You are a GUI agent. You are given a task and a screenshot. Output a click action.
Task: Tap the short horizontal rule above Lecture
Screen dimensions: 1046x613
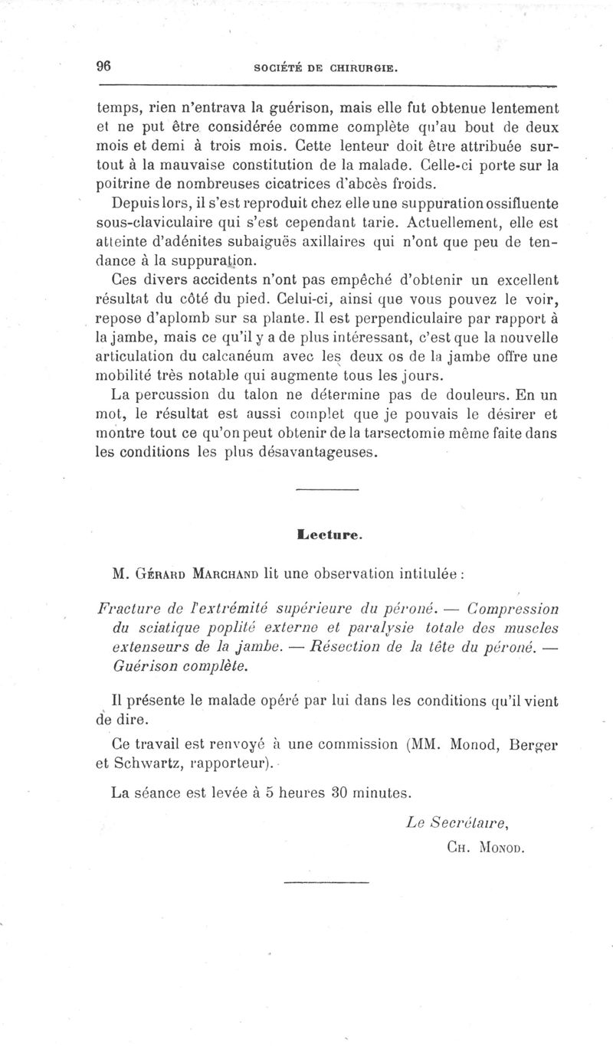pos(326,490)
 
